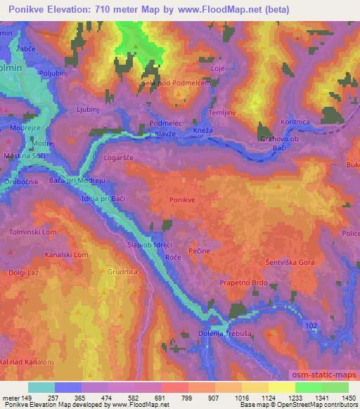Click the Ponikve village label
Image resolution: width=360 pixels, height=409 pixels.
pyautogui.click(x=182, y=200)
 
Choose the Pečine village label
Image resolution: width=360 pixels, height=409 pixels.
pyautogui.click(x=200, y=249)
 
